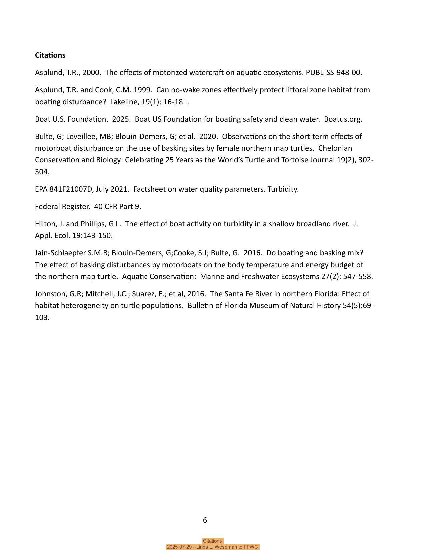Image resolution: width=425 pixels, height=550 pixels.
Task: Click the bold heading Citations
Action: point(50,55)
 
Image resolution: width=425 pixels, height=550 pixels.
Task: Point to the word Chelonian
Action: point(335,148)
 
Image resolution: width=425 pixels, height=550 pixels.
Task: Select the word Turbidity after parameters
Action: point(283,189)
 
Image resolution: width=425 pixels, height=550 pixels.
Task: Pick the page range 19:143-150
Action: point(92,235)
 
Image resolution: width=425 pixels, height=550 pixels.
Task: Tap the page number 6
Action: point(205,520)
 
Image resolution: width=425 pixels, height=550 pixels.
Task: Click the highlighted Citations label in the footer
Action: point(212,541)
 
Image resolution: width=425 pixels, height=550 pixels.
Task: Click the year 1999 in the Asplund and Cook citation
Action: point(142,90)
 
